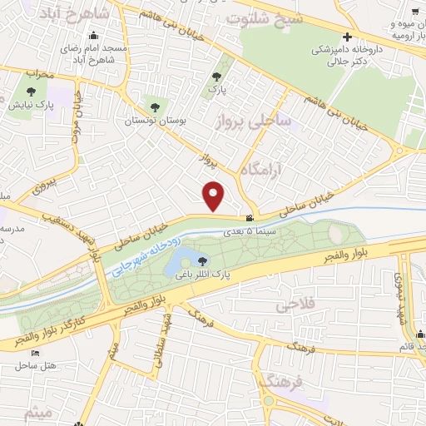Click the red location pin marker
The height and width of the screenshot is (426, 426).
point(215,196)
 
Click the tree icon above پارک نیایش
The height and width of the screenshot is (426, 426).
point(31,92)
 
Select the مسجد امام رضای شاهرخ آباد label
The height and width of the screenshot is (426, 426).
point(94,54)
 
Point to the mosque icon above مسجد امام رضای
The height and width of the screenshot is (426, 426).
point(94,36)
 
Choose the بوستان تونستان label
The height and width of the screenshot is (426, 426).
point(151,121)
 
